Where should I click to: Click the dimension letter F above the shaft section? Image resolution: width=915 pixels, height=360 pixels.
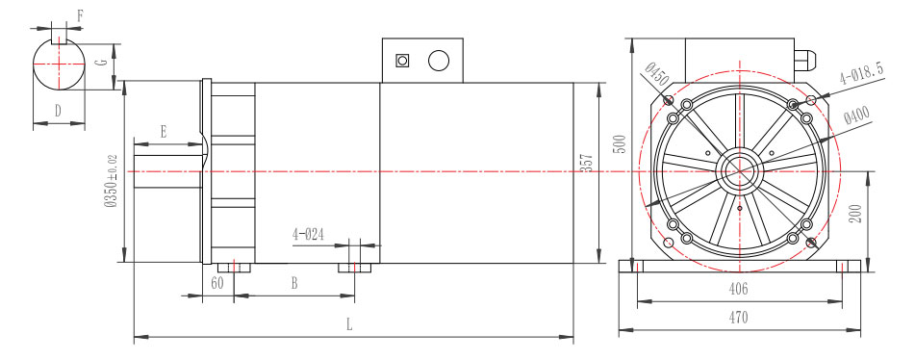coord(79,15)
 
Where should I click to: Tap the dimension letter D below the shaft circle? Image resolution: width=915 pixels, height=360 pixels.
coord(58,112)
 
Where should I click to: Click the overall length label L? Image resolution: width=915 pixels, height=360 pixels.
coord(349,325)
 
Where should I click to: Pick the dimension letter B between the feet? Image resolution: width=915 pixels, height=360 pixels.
coord(293,284)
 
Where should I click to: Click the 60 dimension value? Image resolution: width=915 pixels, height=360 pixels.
coord(217,284)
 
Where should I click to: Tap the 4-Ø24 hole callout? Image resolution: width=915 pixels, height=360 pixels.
coord(310,234)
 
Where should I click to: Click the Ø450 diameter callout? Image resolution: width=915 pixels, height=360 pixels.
coord(657,71)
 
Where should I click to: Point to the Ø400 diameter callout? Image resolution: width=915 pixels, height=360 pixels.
coord(856,117)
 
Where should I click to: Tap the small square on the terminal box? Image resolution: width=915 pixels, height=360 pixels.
coord(403,62)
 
